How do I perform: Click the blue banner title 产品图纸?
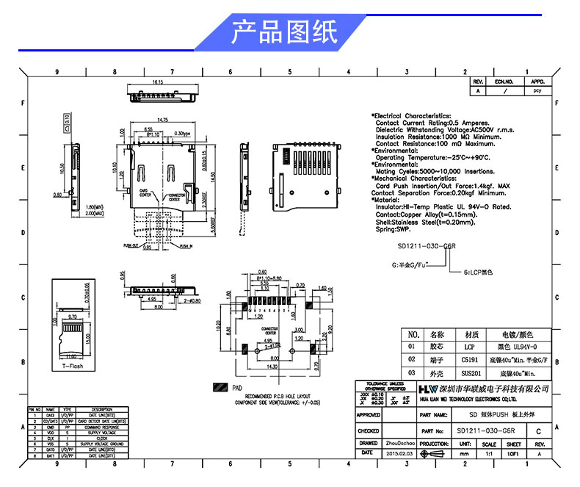284,33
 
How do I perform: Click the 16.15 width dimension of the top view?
158,82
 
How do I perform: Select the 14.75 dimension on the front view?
163,119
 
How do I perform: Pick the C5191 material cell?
470,360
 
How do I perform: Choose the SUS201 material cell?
470,374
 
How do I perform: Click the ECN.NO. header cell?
504,82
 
